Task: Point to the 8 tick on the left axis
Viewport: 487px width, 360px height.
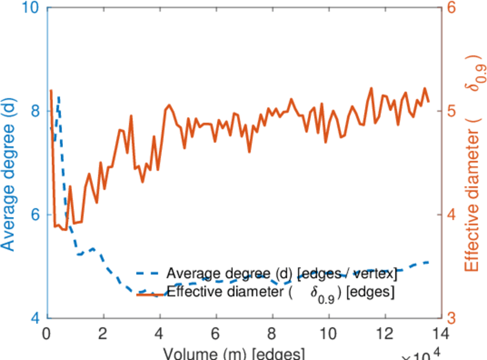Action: [x=35, y=112]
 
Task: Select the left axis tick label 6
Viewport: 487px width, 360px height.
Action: [x=35, y=215]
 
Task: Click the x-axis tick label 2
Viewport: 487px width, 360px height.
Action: [x=103, y=332]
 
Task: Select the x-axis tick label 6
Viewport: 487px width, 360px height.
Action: [x=216, y=332]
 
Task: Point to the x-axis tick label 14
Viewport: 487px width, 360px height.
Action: [x=441, y=332]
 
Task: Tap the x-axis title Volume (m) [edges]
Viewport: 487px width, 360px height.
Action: [x=234, y=353]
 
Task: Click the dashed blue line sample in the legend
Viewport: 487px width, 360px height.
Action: [x=150, y=274]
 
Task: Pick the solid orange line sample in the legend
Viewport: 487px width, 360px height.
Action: [x=150, y=293]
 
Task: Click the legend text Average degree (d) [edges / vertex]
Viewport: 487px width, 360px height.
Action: [x=282, y=274]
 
